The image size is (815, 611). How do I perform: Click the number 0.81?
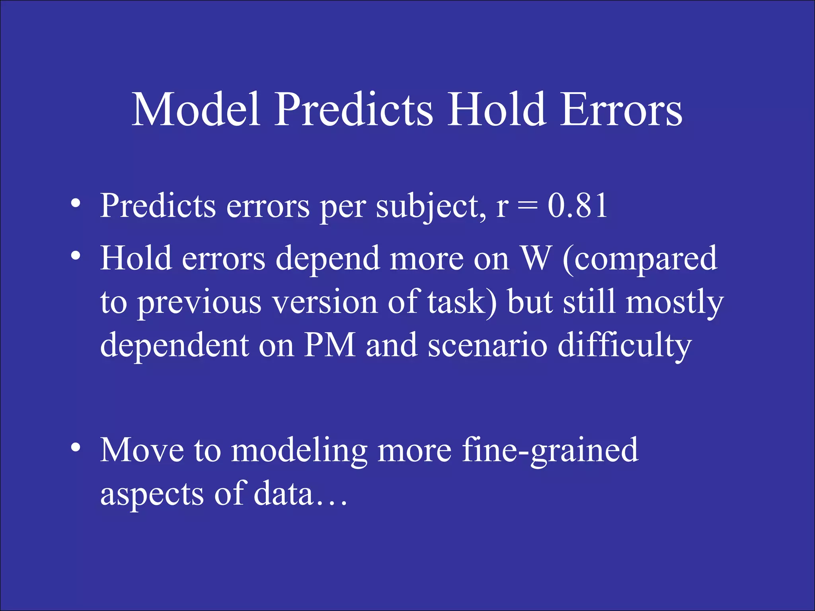577,206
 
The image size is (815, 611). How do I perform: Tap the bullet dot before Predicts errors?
76,204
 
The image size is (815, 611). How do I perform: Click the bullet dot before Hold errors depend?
76,256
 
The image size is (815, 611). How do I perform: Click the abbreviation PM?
330,345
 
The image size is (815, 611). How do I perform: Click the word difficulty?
624,345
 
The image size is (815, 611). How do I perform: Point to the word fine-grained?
550,451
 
